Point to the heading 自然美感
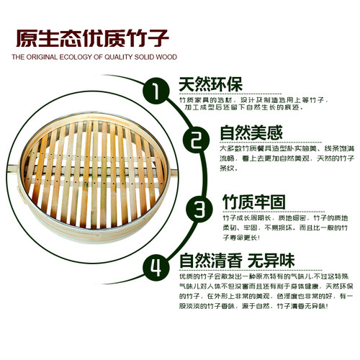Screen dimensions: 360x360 click(x=252, y=133)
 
